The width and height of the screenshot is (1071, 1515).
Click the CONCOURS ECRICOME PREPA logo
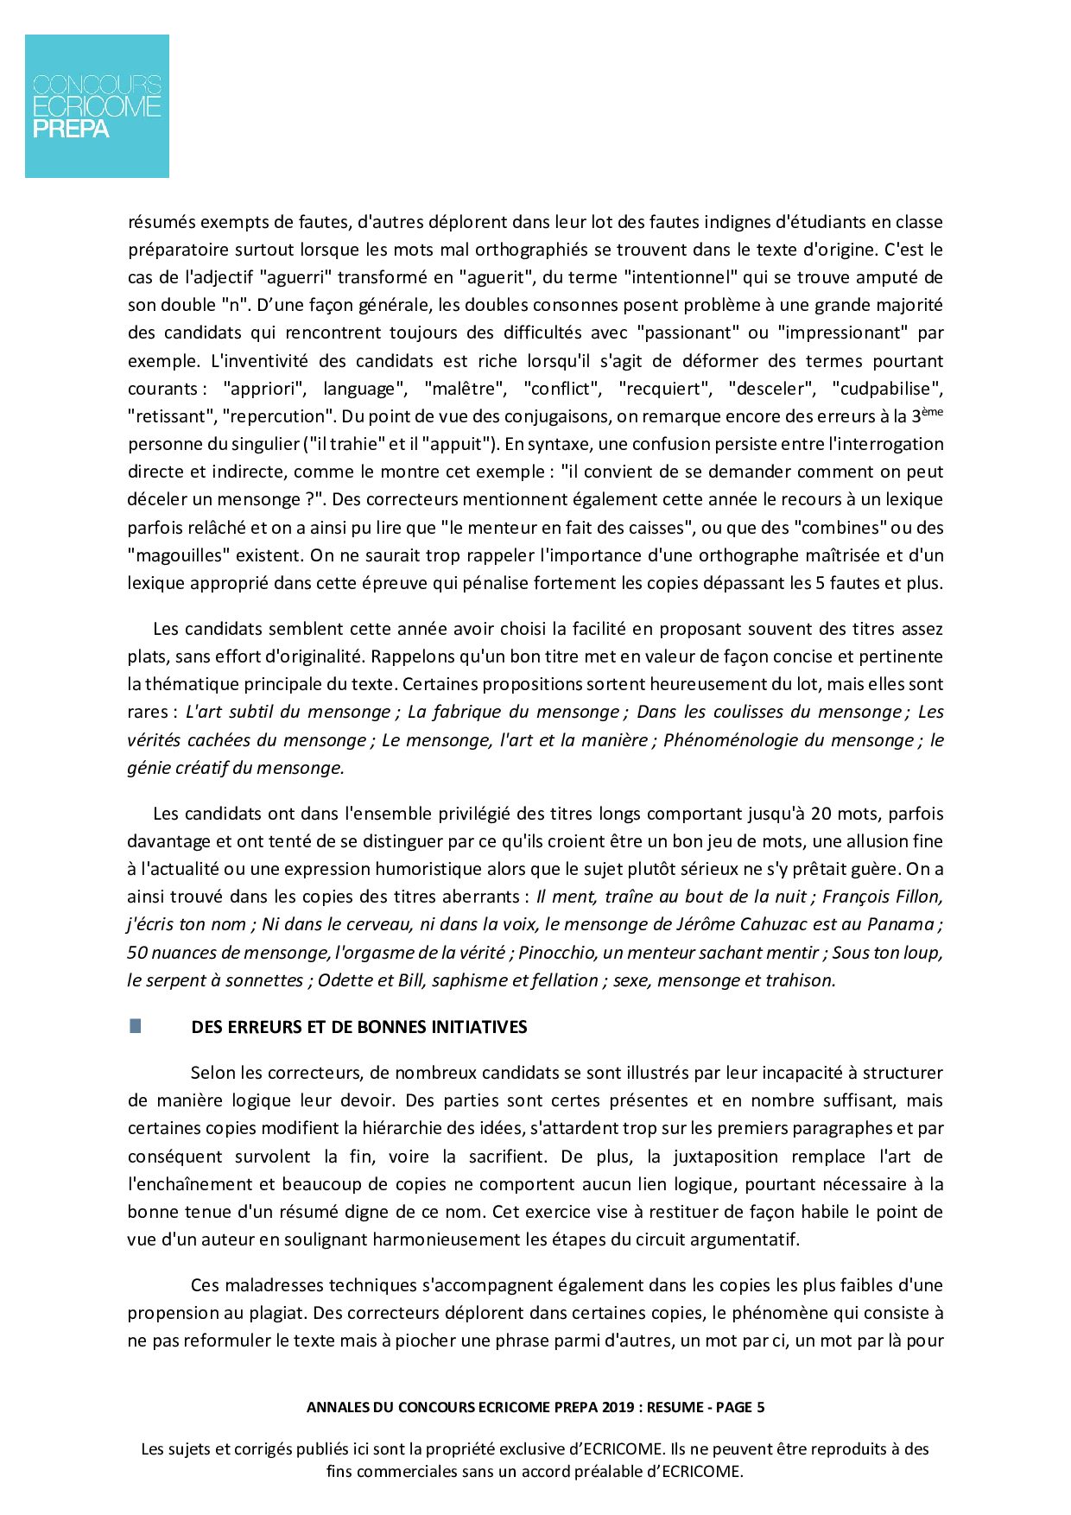[97, 106]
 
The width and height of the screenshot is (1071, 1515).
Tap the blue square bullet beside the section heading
[135, 1026]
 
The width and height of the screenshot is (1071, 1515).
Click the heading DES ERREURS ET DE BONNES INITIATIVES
[358, 1027]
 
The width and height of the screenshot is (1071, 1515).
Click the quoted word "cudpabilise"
[887, 389]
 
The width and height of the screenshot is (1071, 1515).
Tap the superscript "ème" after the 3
[932, 411]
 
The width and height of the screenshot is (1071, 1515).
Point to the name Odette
[345, 980]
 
